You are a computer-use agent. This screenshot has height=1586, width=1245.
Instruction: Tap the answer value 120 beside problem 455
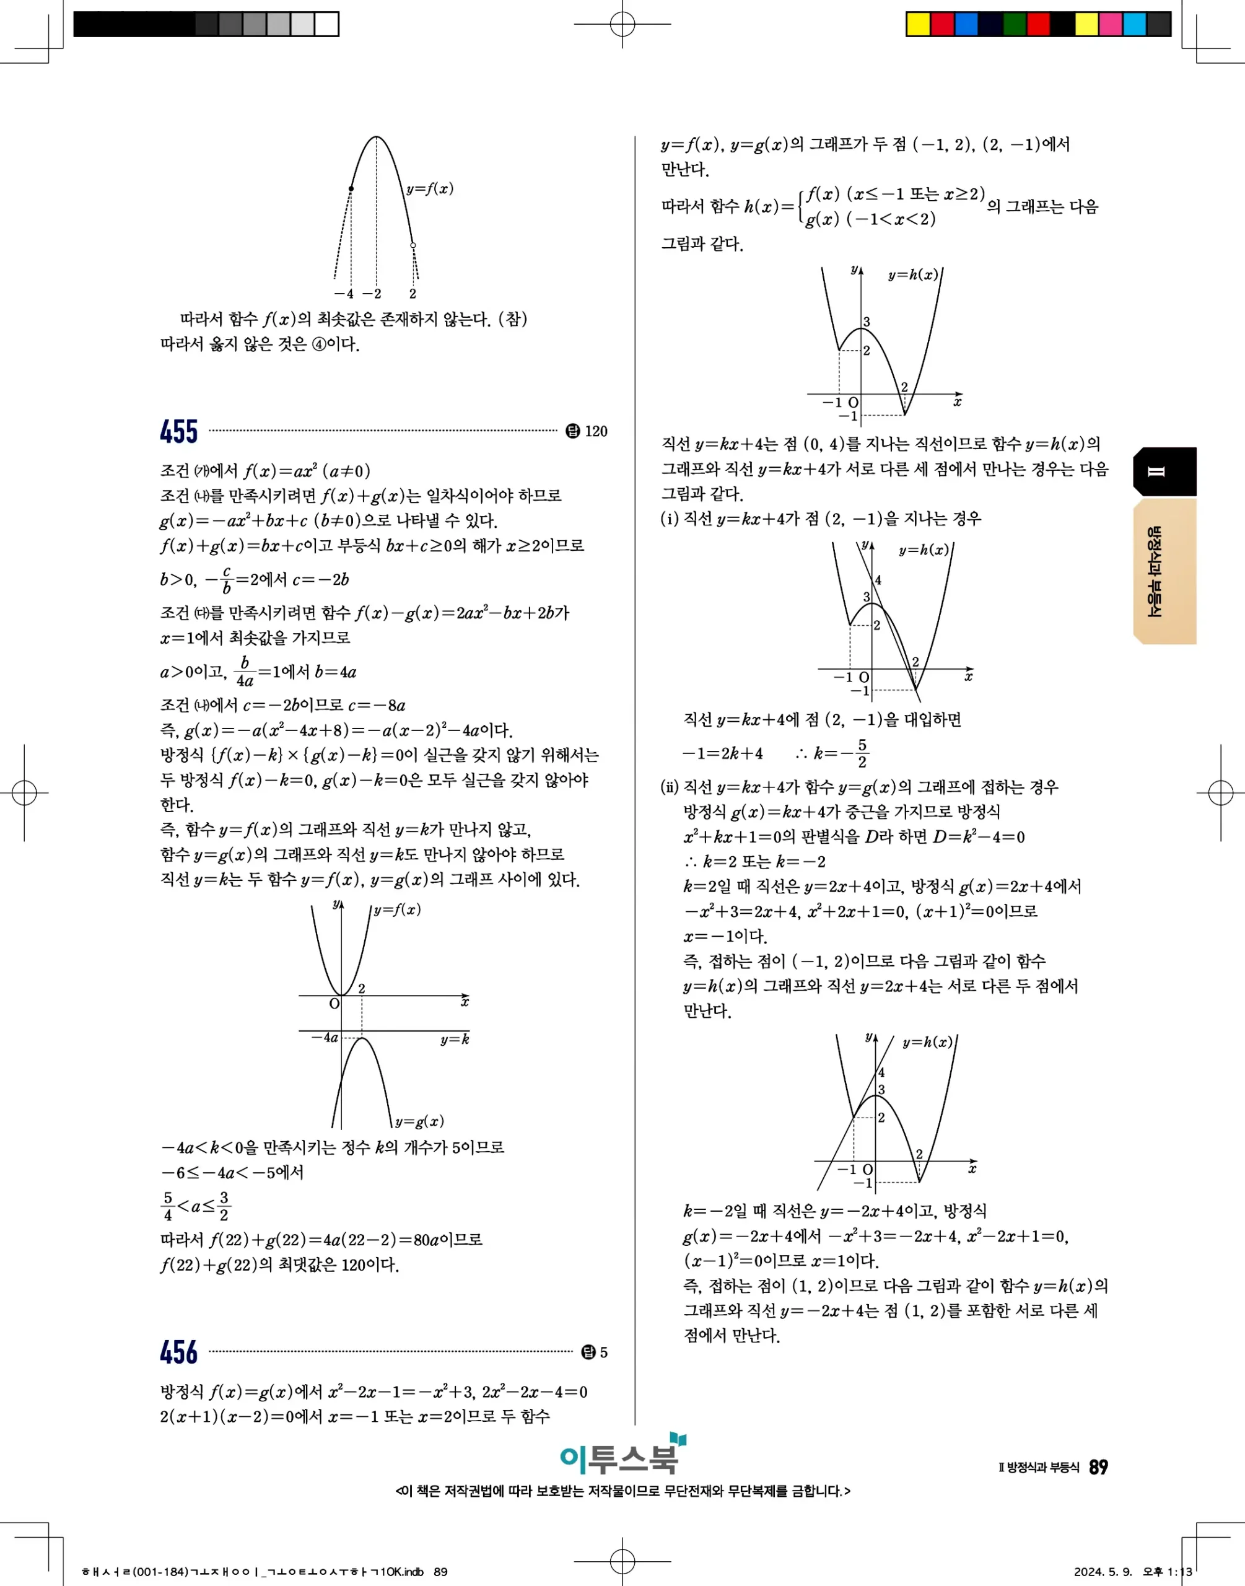(595, 431)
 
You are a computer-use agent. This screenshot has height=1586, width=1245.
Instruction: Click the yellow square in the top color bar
(918, 24)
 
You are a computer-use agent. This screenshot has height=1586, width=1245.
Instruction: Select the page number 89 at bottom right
(1098, 1467)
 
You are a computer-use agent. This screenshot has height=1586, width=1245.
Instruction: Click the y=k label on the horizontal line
(454, 1040)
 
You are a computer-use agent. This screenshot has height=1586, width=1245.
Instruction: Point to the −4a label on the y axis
(325, 1037)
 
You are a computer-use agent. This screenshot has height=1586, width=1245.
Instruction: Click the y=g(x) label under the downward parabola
(419, 1121)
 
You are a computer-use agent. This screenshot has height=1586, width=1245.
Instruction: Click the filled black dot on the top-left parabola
(351, 189)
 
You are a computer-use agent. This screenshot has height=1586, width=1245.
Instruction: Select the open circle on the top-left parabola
(413, 245)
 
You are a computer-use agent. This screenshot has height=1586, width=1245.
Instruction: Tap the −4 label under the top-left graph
(344, 294)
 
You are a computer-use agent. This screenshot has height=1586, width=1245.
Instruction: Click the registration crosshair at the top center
(622, 24)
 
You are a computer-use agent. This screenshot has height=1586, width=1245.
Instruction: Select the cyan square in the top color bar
(1134, 24)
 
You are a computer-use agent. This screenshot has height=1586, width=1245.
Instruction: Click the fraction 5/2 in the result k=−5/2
(862, 753)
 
